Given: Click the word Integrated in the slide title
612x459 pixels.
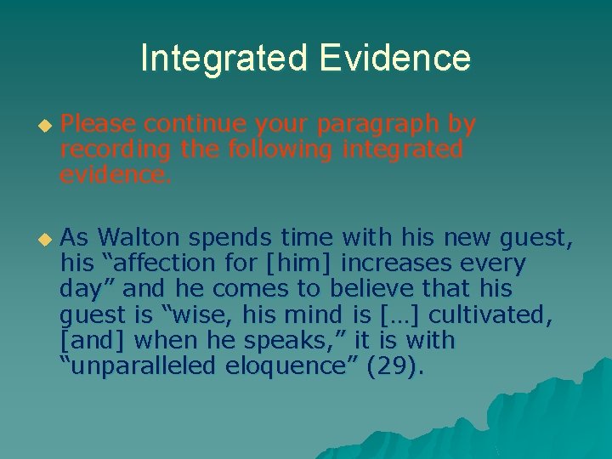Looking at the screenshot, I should pos(224,58).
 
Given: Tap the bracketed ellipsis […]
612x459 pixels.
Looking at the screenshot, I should pos(398,316).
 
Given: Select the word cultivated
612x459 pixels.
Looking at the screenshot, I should pos(490,316).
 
